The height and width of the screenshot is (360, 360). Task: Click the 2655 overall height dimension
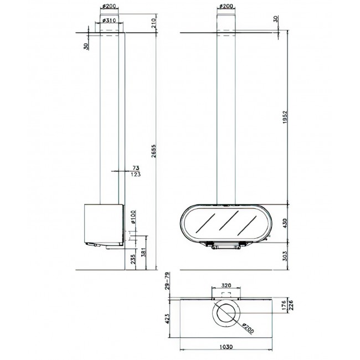pos(153,151)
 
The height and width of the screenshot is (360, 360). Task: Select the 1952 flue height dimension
pos(285,117)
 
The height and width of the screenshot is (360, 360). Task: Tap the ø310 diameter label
pos(109,20)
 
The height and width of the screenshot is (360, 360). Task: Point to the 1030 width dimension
pos(226,347)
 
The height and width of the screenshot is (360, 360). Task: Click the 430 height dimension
pos(285,223)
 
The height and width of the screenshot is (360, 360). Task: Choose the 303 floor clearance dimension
pos(285,256)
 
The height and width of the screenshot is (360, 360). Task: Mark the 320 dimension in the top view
pos(226,286)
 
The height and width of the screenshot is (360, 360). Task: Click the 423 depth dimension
pos(167,318)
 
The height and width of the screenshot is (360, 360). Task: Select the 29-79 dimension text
pos(167,281)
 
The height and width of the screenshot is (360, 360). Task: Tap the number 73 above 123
pos(136,168)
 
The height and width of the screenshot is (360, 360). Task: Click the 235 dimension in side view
pos(133,259)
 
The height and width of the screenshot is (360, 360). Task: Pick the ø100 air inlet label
pos(133,217)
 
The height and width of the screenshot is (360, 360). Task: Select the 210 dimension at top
pos(153,23)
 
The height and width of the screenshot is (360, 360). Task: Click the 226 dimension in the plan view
pos(291,305)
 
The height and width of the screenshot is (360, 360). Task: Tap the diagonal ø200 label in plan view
pos(248,328)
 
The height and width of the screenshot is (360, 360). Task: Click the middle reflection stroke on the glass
pos(229,220)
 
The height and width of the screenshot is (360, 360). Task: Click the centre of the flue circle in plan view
pos(226,313)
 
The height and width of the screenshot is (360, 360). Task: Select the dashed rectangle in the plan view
pos(226,295)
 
